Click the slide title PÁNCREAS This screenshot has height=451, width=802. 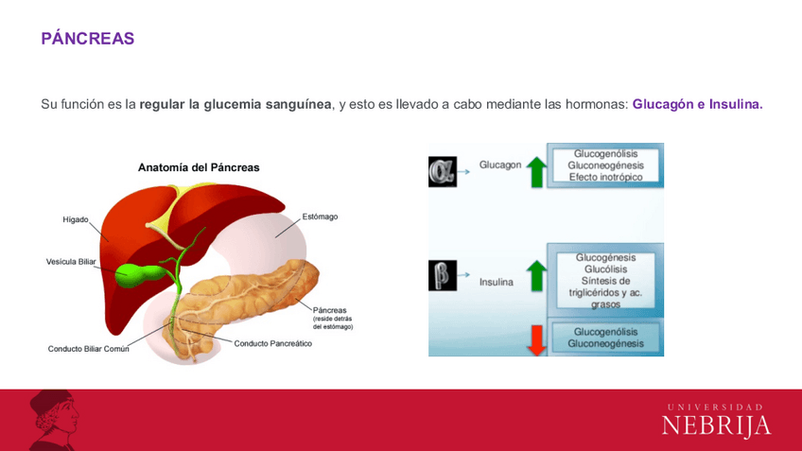[x=87, y=39]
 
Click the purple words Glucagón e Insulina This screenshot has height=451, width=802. [x=697, y=104]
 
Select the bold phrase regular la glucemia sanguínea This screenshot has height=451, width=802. [x=235, y=104]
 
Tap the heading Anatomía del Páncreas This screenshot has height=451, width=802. [x=199, y=167]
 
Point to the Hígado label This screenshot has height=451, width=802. [x=76, y=219]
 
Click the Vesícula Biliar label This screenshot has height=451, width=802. [x=72, y=262]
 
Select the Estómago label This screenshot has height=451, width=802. [x=320, y=217]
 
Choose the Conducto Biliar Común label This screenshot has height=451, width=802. [x=89, y=349]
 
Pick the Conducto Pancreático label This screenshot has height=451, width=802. [x=273, y=343]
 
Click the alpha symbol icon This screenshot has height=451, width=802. [x=442, y=171]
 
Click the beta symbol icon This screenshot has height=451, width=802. [x=442, y=275]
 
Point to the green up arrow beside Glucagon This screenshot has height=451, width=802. [x=536, y=171]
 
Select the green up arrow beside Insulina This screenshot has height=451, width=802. [x=536, y=275]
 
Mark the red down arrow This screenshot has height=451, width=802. [x=536, y=338]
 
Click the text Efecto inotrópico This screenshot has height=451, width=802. [x=605, y=177]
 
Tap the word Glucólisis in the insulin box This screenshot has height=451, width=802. [x=605, y=269]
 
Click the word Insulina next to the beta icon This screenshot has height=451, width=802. [x=497, y=282]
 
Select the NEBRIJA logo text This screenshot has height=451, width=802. [x=716, y=425]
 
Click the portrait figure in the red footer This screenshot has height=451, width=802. [x=52, y=419]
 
